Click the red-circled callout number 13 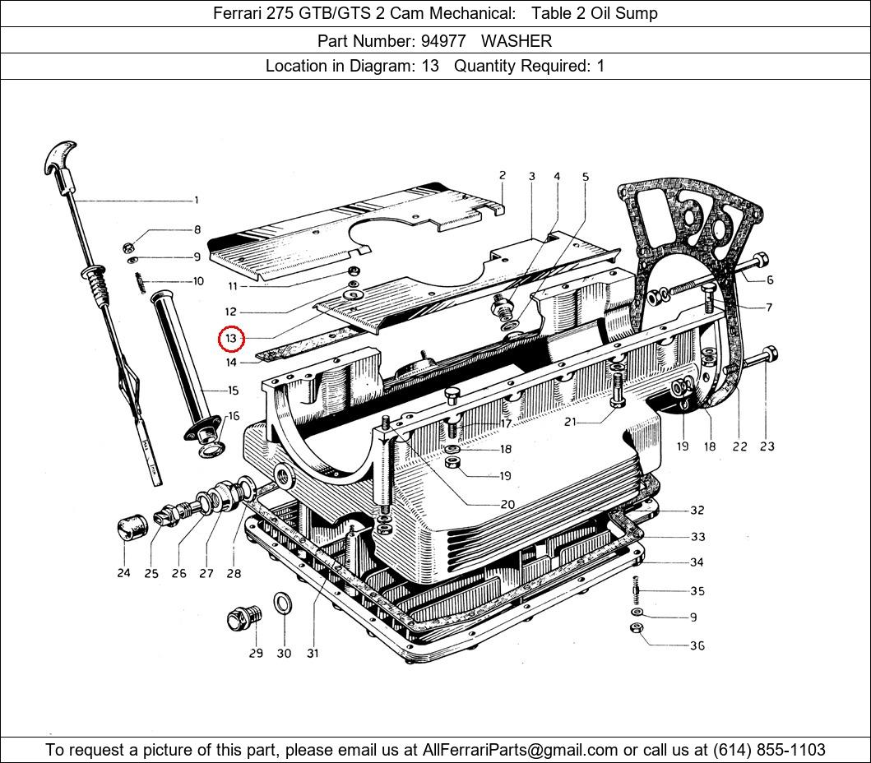pyautogui.click(x=231, y=339)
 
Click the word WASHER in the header pyautogui.click(x=517, y=40)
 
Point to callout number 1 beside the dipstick pyautogui.click(x=196, y=200)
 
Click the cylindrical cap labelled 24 pyautogui.click(x=129, y=526)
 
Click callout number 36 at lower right pyautogui.click(x=697, y=645)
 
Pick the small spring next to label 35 pyautogui.click(x=636, y=590)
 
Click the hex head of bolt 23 pyautogui.click(x=771, y=356)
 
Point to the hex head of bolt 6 pyautogui.click(x=761, y=261)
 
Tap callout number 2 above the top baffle pyautogui.click(x=502, y=175)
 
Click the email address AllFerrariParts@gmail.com pyautogui.click(x=520, y=750)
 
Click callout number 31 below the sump pyautogui.click(x=313, y=654)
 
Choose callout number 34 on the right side pyautogui.click(x=697, y=563)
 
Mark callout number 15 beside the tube pyautogui.click(x=233, y=391)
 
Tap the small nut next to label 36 pyautogui.click(x=636, y=629)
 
